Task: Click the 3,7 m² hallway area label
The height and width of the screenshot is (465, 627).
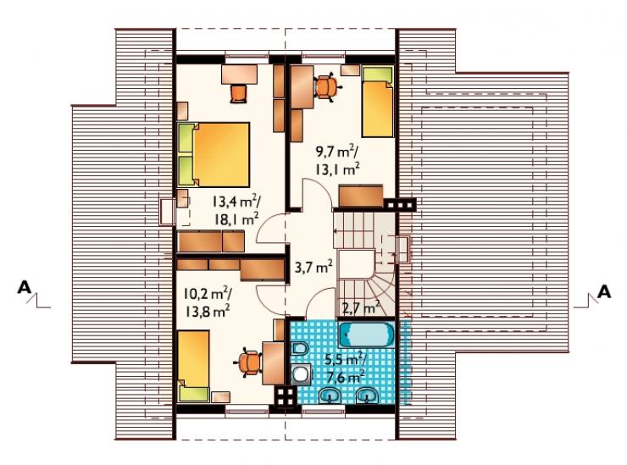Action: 314,267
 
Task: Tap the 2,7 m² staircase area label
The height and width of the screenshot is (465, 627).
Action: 361,307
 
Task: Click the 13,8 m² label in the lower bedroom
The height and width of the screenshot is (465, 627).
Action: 207,310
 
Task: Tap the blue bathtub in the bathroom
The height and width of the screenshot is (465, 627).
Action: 366,335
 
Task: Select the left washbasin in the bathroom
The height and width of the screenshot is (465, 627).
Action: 330,394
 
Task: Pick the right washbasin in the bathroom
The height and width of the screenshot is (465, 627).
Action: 368,394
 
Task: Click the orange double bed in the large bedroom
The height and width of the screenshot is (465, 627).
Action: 214,155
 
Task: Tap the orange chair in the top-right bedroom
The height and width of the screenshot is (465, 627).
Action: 327,86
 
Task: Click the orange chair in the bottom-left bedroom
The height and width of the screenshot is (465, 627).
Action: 248,363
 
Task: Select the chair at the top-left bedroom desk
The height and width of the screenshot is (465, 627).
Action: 239,93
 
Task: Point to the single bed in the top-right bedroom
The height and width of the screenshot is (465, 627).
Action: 378,102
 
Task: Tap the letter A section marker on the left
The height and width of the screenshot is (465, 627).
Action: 24,287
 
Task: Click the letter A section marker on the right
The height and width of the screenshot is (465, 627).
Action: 604,291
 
